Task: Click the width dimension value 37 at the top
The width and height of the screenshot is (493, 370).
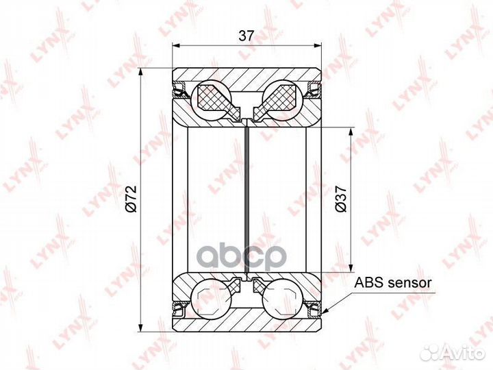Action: pyautogui.click(x=246, y=36)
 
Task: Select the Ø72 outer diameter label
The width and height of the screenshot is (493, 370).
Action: pyautogui.click(x=131, y=199)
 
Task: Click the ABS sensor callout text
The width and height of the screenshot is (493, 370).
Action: pyautogui.click(x=393, y=283)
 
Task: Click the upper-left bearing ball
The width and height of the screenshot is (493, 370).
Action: pyautogui.click(x=211, y=100)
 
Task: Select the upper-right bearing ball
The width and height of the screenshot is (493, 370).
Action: pyautogui.click(x=283, y=100)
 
